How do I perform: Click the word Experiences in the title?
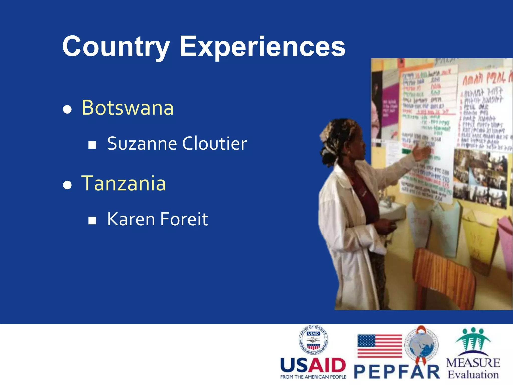262,47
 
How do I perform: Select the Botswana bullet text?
127,108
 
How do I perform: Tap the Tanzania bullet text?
124,183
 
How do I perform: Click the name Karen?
131,219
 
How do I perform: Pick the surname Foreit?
184,219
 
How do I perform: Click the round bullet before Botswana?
67,109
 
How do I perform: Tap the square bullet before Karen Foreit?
92,221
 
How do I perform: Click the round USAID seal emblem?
313,340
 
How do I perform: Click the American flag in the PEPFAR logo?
379,346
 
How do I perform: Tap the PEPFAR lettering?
397,371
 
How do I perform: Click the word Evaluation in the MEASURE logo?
473,375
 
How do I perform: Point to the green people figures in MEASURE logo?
473,340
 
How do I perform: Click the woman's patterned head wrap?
337,133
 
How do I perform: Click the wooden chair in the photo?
443,276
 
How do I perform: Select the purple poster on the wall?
390,105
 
